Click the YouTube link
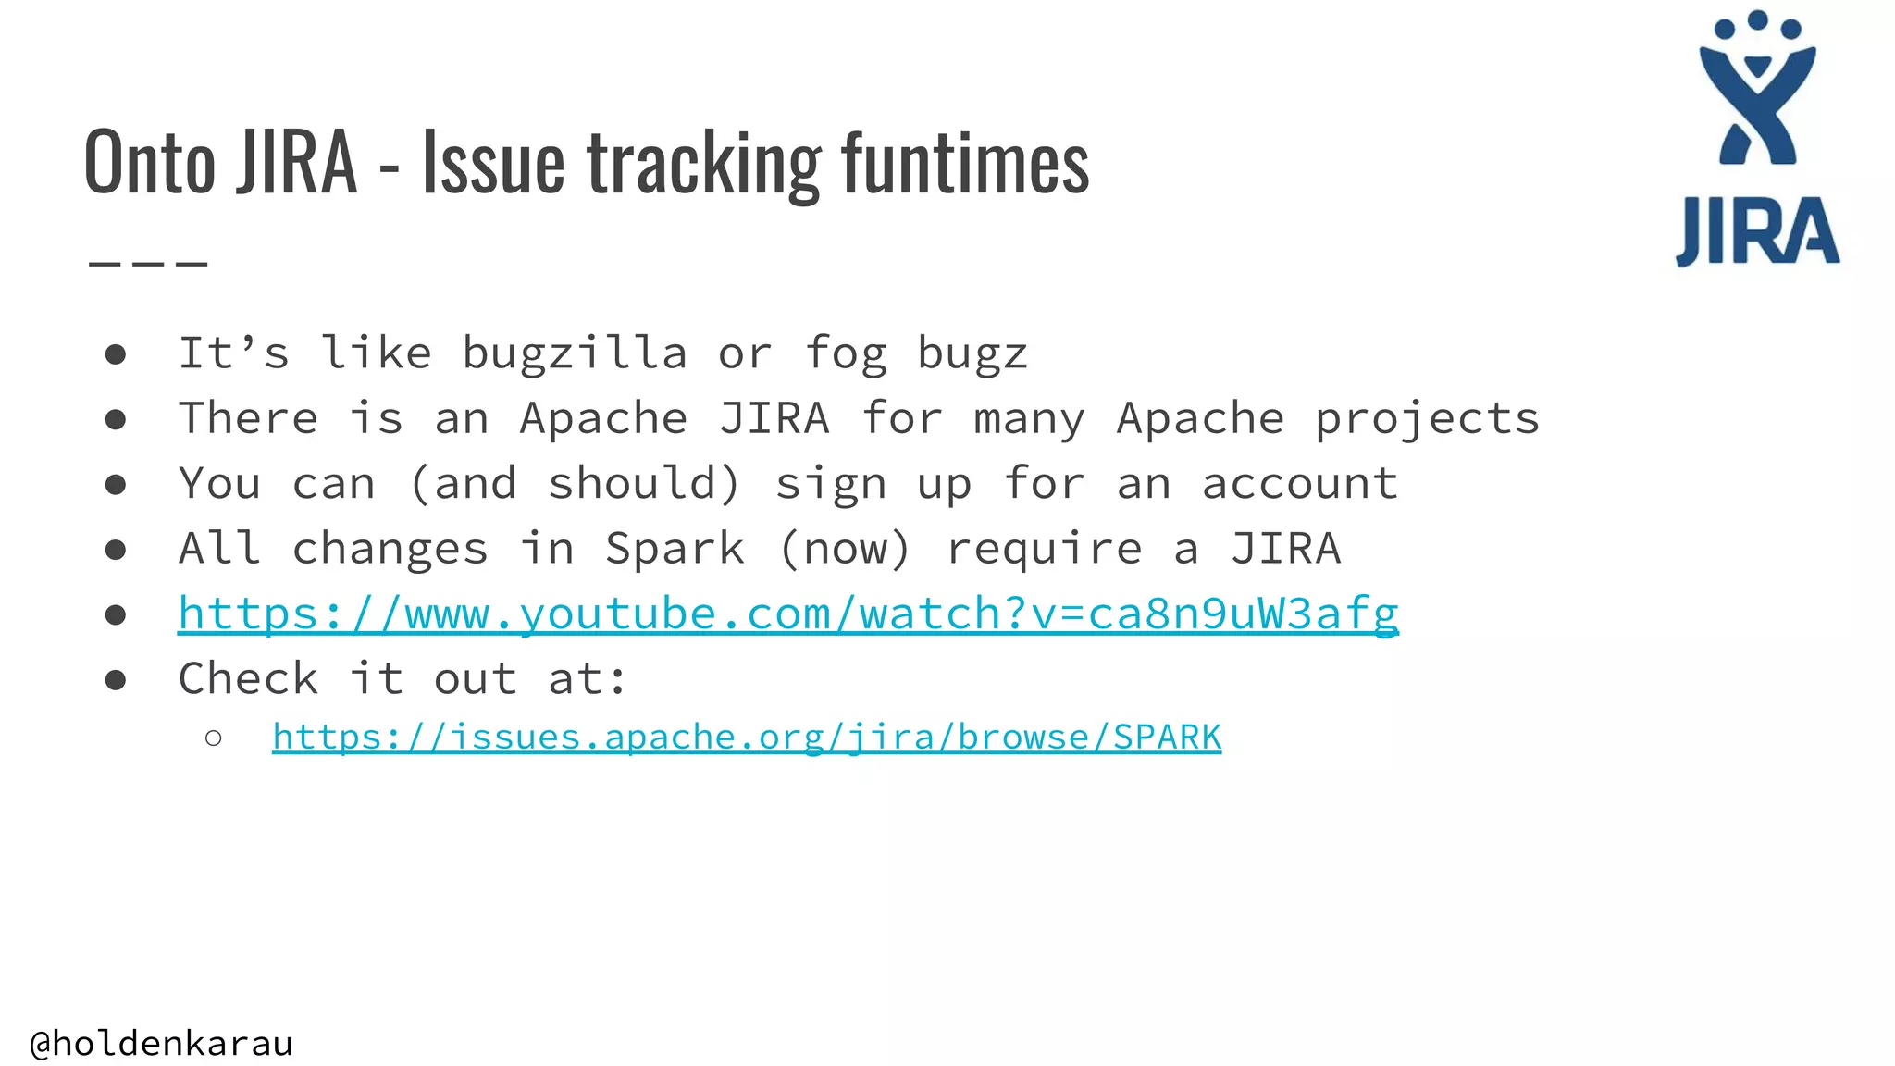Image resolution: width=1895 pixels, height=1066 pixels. [787, 614]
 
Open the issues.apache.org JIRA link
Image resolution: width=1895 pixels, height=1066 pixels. [746, 738]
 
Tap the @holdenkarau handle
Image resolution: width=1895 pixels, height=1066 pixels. [162, 1044]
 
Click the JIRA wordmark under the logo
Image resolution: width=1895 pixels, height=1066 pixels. [1757, 232]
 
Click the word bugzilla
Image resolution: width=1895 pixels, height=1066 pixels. [574, 353]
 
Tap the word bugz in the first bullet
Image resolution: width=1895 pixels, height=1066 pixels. [972, 353]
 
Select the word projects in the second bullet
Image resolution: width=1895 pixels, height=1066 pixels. [1427, 419]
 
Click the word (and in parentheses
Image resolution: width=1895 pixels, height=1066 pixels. [462, 484]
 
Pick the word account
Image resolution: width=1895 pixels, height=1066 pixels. [1299, 484]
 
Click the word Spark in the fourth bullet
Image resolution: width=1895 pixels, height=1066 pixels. [675, 550]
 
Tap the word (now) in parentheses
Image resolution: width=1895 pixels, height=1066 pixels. [845, 550]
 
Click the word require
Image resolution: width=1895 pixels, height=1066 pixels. [1044, 550]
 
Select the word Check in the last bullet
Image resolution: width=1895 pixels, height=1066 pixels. [248, 679]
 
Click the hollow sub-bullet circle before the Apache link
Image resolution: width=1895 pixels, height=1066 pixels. [214, 738]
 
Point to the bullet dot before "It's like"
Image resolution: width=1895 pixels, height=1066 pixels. [116, 354]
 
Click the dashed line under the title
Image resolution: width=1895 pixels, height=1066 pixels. [148, 264]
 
